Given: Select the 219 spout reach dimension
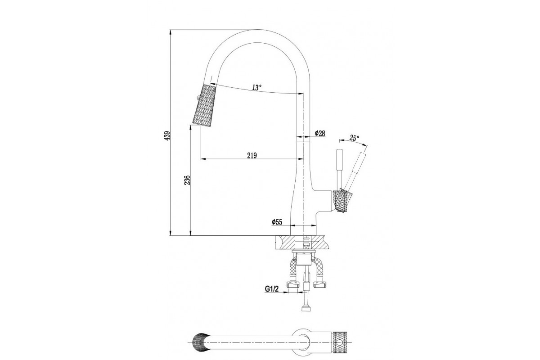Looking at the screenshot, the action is (x=252, y=156).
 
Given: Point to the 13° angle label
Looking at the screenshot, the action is (x=257, y=87).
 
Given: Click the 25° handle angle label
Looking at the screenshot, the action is (x=355, y=138).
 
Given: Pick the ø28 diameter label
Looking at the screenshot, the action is (x=320, y=133).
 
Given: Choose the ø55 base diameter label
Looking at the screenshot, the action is (x=277, y=222).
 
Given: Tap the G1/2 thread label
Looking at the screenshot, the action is (x=272, y=288).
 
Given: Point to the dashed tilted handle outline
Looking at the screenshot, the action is (x=354, y=171).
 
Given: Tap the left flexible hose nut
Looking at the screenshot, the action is (x=293, y=284).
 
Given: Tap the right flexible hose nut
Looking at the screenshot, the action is (x=319, y=284).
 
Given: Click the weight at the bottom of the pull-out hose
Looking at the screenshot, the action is (x=306, y=309).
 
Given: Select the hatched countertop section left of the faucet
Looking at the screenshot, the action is (x=285, y=242).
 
